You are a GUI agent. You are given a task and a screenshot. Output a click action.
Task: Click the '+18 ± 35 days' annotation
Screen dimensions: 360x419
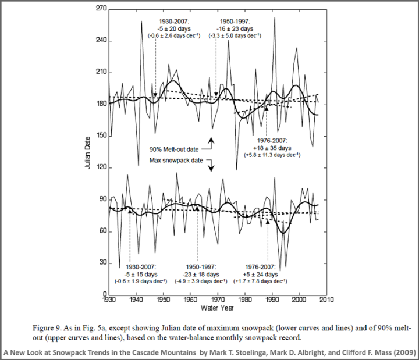point(274,148)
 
